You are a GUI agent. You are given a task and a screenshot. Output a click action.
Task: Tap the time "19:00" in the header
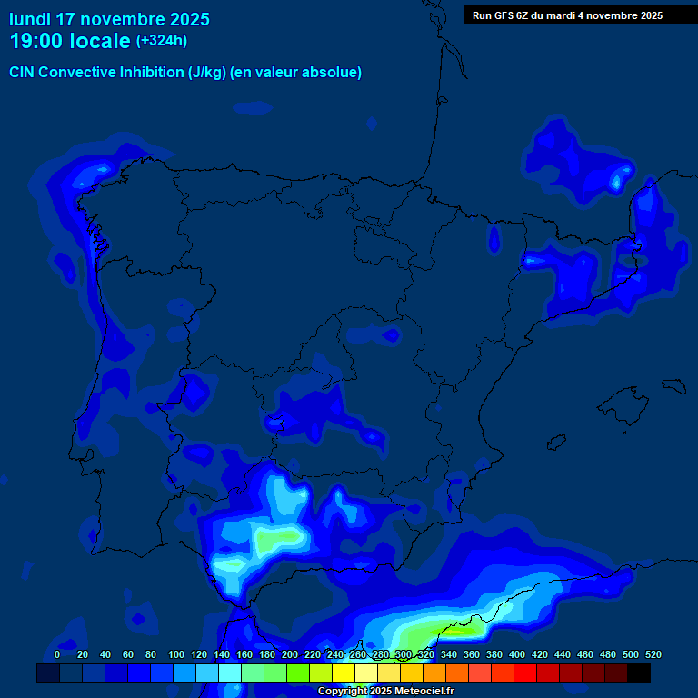coord(36,41)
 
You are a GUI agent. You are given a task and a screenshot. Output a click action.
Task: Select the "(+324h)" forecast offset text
coord(162,41)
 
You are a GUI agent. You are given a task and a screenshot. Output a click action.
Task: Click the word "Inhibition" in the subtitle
coord(152,73)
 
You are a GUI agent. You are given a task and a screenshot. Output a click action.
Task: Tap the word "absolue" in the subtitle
coord(336,73)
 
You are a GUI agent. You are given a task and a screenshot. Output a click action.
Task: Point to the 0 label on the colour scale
coord(57,654)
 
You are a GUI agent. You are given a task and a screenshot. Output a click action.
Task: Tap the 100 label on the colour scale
coord(176,654)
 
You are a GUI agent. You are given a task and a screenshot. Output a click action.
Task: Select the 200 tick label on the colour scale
coord(290,654)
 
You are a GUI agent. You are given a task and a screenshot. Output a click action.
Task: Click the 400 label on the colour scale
coord(517,654)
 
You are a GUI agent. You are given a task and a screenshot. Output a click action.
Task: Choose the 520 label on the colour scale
coord(653,654)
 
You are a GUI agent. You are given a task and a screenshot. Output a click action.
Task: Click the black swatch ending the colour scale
coord(639,673)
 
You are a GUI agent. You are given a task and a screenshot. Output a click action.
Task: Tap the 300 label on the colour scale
coord(404,654)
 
